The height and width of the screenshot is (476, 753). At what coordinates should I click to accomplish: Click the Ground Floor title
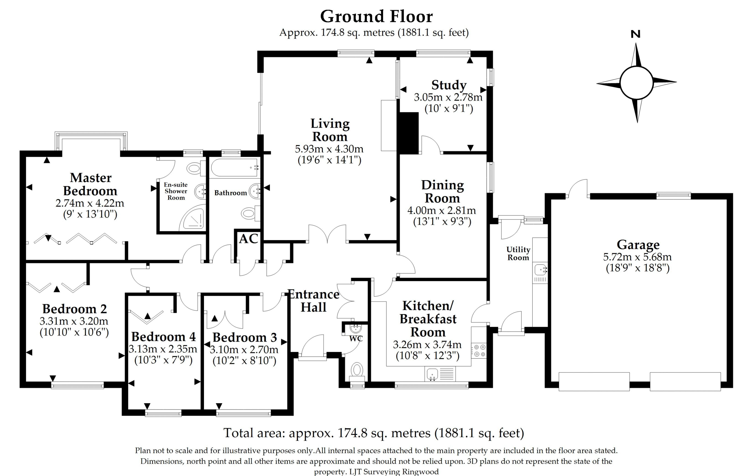click(x=376, y=17)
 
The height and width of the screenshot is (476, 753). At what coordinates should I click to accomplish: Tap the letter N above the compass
click(x=635, y=34)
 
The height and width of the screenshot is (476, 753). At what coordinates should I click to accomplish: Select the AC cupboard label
click(x=248, y=239)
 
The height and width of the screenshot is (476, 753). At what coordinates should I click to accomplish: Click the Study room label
click(x=449, y=85)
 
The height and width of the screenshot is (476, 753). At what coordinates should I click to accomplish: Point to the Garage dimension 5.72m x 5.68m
click(x=637, y=257)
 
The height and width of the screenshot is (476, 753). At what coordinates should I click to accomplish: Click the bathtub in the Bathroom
click(x=235, y=168)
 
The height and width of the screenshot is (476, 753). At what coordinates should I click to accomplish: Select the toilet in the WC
click(x=356, y=370)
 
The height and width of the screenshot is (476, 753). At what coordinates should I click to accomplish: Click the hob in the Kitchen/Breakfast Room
click(x=479, y=350)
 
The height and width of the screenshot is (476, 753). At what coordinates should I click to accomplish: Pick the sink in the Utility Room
click(x=540, y=269)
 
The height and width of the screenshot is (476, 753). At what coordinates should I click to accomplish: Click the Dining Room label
click(x=442, y=191)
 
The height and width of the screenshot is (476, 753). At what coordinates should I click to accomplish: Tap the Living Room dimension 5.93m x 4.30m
click(x=329, y=149)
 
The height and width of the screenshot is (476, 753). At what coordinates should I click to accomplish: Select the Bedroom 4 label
click(x=163, y=337)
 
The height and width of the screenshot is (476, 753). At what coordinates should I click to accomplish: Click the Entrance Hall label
click(x=313, y=301)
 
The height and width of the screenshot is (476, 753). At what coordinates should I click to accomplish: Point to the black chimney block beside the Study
click(x=408, y=133)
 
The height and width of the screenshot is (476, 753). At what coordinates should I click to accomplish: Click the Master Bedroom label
click(x=90, y=184)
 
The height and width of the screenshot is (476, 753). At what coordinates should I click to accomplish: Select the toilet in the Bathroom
click(x=249, y=214)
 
